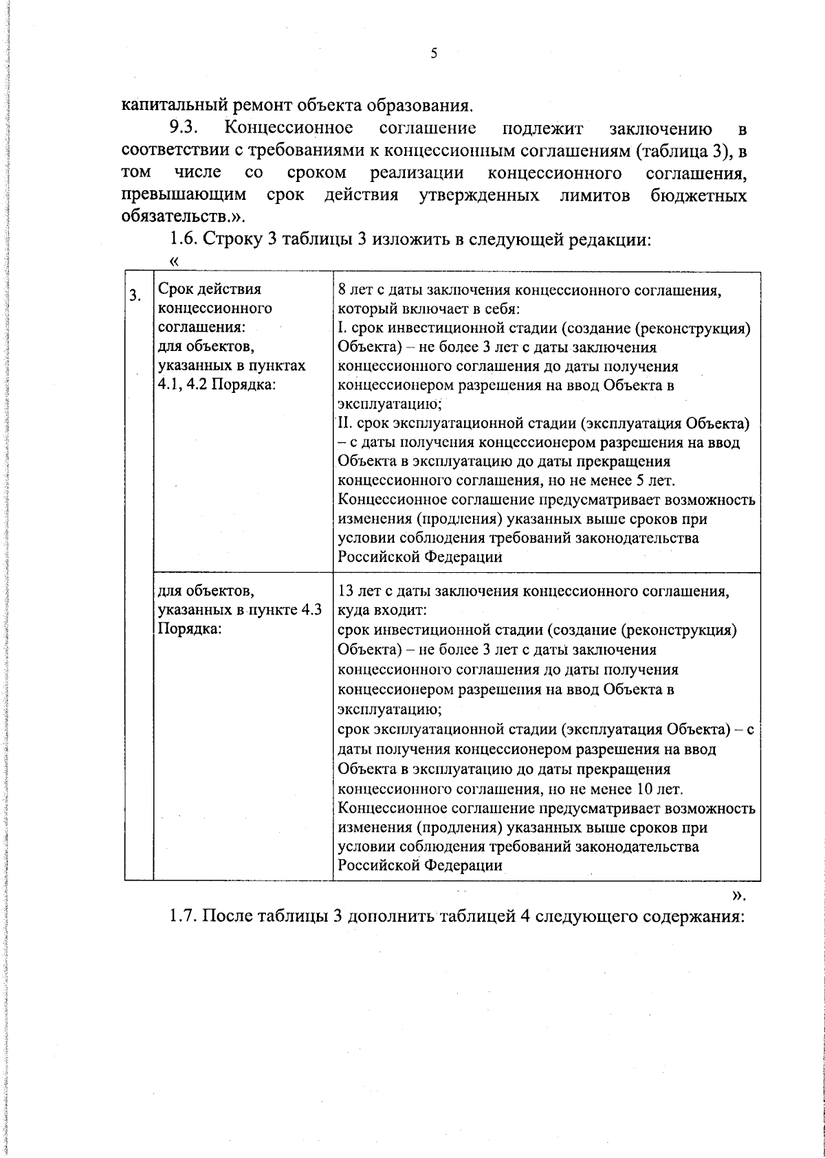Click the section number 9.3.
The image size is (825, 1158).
pos(184,128)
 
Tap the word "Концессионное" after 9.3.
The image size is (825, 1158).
pos(289,128)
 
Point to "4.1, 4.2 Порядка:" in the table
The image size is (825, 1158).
pos(217,385)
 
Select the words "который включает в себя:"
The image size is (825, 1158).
pos(428,309)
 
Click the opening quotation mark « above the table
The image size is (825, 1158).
pos(173,261)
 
